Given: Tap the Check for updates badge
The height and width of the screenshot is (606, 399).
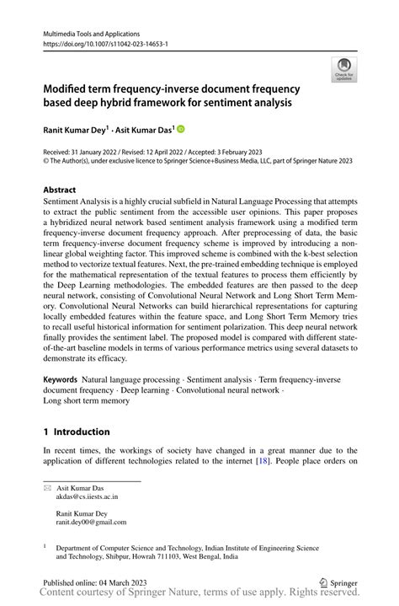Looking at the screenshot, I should click(343, 70).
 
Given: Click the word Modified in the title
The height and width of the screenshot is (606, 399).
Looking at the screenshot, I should click(68, 88).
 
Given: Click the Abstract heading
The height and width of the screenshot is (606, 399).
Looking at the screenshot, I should click(60, 190).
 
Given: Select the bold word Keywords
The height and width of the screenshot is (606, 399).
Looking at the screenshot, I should click(61, 380).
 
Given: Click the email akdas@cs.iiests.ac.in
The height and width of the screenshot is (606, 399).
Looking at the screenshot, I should click(87, 497).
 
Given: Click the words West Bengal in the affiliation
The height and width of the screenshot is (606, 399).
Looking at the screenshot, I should click(217, 556).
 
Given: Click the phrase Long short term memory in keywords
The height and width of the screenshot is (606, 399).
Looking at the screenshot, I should click(86, 401).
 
